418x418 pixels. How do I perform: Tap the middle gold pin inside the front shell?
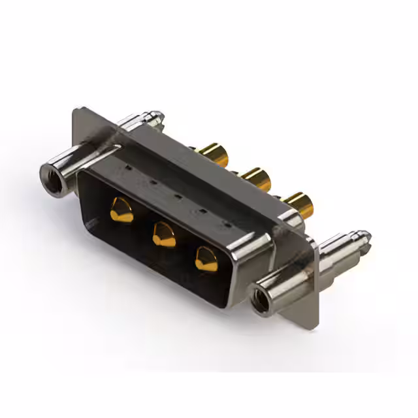tap(163, 233)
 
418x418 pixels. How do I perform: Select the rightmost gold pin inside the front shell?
tap(206, 259)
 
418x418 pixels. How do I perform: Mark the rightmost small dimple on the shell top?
tap(227, 223)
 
